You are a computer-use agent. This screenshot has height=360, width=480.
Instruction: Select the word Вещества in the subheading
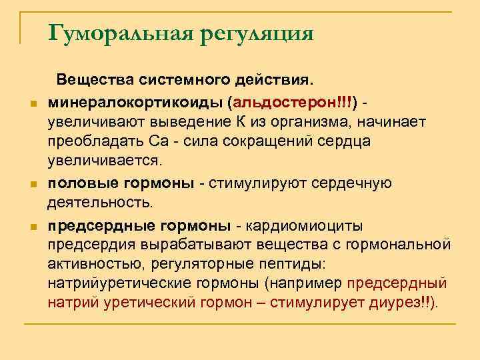(x=97, y=81)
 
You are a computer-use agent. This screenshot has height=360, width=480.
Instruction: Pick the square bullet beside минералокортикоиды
(x=31, y=105)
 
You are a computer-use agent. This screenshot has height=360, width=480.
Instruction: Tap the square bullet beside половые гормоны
(x=31, y=184)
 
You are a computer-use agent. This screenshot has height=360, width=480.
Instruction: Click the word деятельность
(x=101, y=202)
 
